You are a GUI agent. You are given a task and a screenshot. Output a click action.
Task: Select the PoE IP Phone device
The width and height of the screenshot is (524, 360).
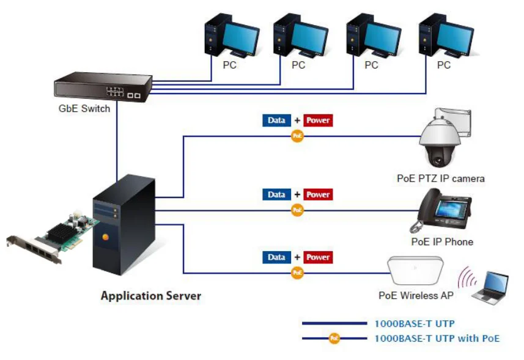(440, 211)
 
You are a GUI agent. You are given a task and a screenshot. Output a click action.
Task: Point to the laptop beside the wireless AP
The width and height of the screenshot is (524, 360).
(491, 287)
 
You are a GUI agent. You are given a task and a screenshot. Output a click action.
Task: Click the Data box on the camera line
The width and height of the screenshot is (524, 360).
(276, 120)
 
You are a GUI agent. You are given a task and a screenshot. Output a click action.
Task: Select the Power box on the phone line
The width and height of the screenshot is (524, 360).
(318, 194)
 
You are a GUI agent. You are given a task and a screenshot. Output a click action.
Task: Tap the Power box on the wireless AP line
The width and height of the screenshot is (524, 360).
(318, 257)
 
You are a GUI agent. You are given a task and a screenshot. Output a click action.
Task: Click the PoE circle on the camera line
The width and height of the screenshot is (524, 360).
(297, 136)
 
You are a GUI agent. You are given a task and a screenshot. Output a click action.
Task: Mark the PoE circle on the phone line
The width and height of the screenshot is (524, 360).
(297, 210)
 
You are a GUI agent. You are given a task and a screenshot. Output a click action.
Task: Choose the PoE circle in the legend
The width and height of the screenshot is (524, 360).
(334, 337)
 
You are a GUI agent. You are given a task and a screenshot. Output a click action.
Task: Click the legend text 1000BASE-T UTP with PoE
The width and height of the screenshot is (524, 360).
(437, 337)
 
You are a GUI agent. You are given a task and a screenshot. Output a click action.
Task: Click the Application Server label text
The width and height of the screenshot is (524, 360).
(150, 296)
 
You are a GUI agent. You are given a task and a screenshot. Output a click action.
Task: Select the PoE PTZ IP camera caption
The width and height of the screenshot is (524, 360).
(440, 178)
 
